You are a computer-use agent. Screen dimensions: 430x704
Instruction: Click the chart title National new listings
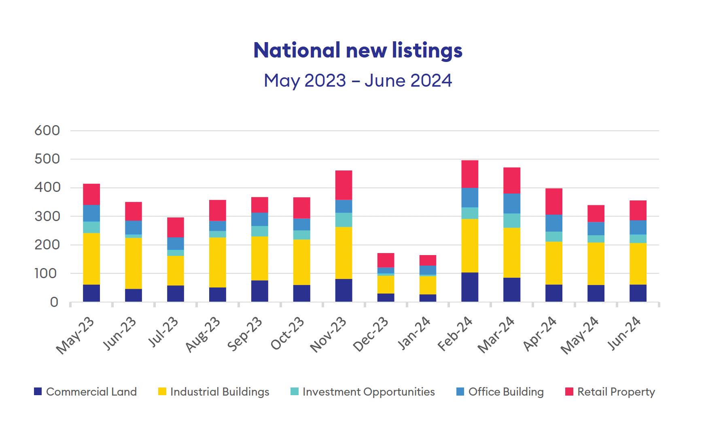[358, 50]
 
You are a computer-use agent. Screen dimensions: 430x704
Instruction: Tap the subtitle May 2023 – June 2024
[358, 80]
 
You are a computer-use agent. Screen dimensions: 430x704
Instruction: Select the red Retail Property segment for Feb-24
[470, 174]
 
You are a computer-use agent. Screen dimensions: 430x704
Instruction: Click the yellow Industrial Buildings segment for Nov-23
[344, 253]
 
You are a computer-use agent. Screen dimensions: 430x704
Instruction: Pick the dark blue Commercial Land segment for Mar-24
[512, 290]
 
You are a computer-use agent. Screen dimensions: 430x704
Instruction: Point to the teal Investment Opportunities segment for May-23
[91, 227]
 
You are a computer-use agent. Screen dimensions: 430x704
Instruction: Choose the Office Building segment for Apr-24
[554, 223]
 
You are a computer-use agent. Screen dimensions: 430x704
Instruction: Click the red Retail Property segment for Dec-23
[386, 260]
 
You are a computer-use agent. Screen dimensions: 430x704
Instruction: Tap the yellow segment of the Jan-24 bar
[428, 285]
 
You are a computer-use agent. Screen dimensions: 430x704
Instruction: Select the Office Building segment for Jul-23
[175, 243]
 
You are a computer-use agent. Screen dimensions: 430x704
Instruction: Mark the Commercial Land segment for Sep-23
[259, 291]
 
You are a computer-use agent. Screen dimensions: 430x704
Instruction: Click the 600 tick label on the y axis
[47, 131]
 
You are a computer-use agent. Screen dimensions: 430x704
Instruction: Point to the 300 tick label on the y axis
[47, 217]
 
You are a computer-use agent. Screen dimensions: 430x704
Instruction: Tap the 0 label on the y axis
[54, 302]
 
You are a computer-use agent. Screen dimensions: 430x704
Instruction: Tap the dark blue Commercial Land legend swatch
[38, 392]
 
